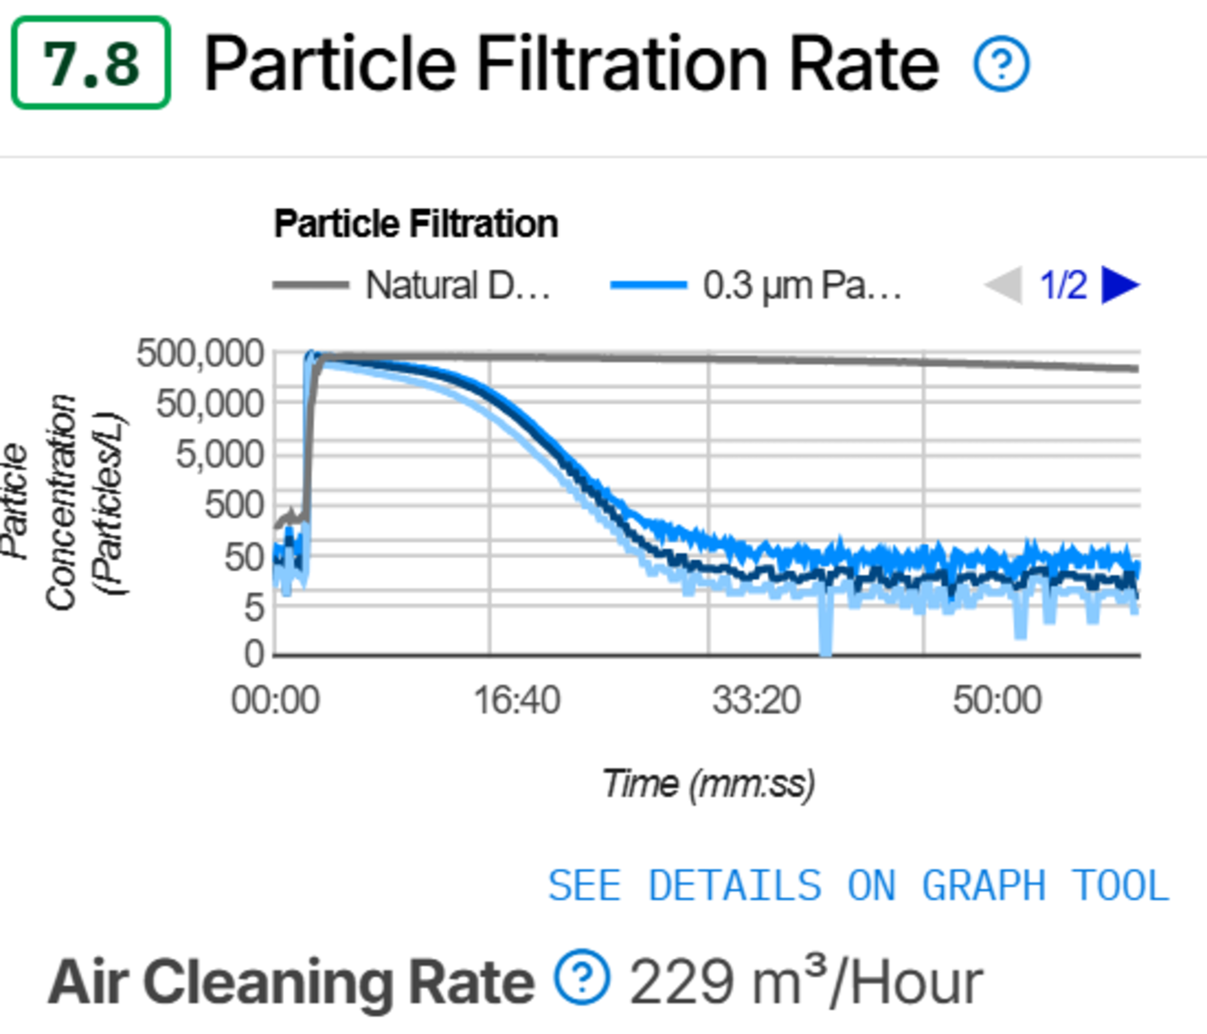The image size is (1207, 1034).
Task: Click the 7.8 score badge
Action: pos(91,63)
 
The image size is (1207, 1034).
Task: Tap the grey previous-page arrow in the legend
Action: pos(1004,286)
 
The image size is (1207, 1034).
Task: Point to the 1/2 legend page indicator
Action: pos(1063,286)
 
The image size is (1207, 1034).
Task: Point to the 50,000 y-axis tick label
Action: pos(210,403)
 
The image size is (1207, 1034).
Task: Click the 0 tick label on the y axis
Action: pos(254,654)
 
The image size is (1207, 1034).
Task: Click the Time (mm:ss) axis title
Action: pos(708,784)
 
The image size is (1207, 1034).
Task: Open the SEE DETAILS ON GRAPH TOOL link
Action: pos(859,885)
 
